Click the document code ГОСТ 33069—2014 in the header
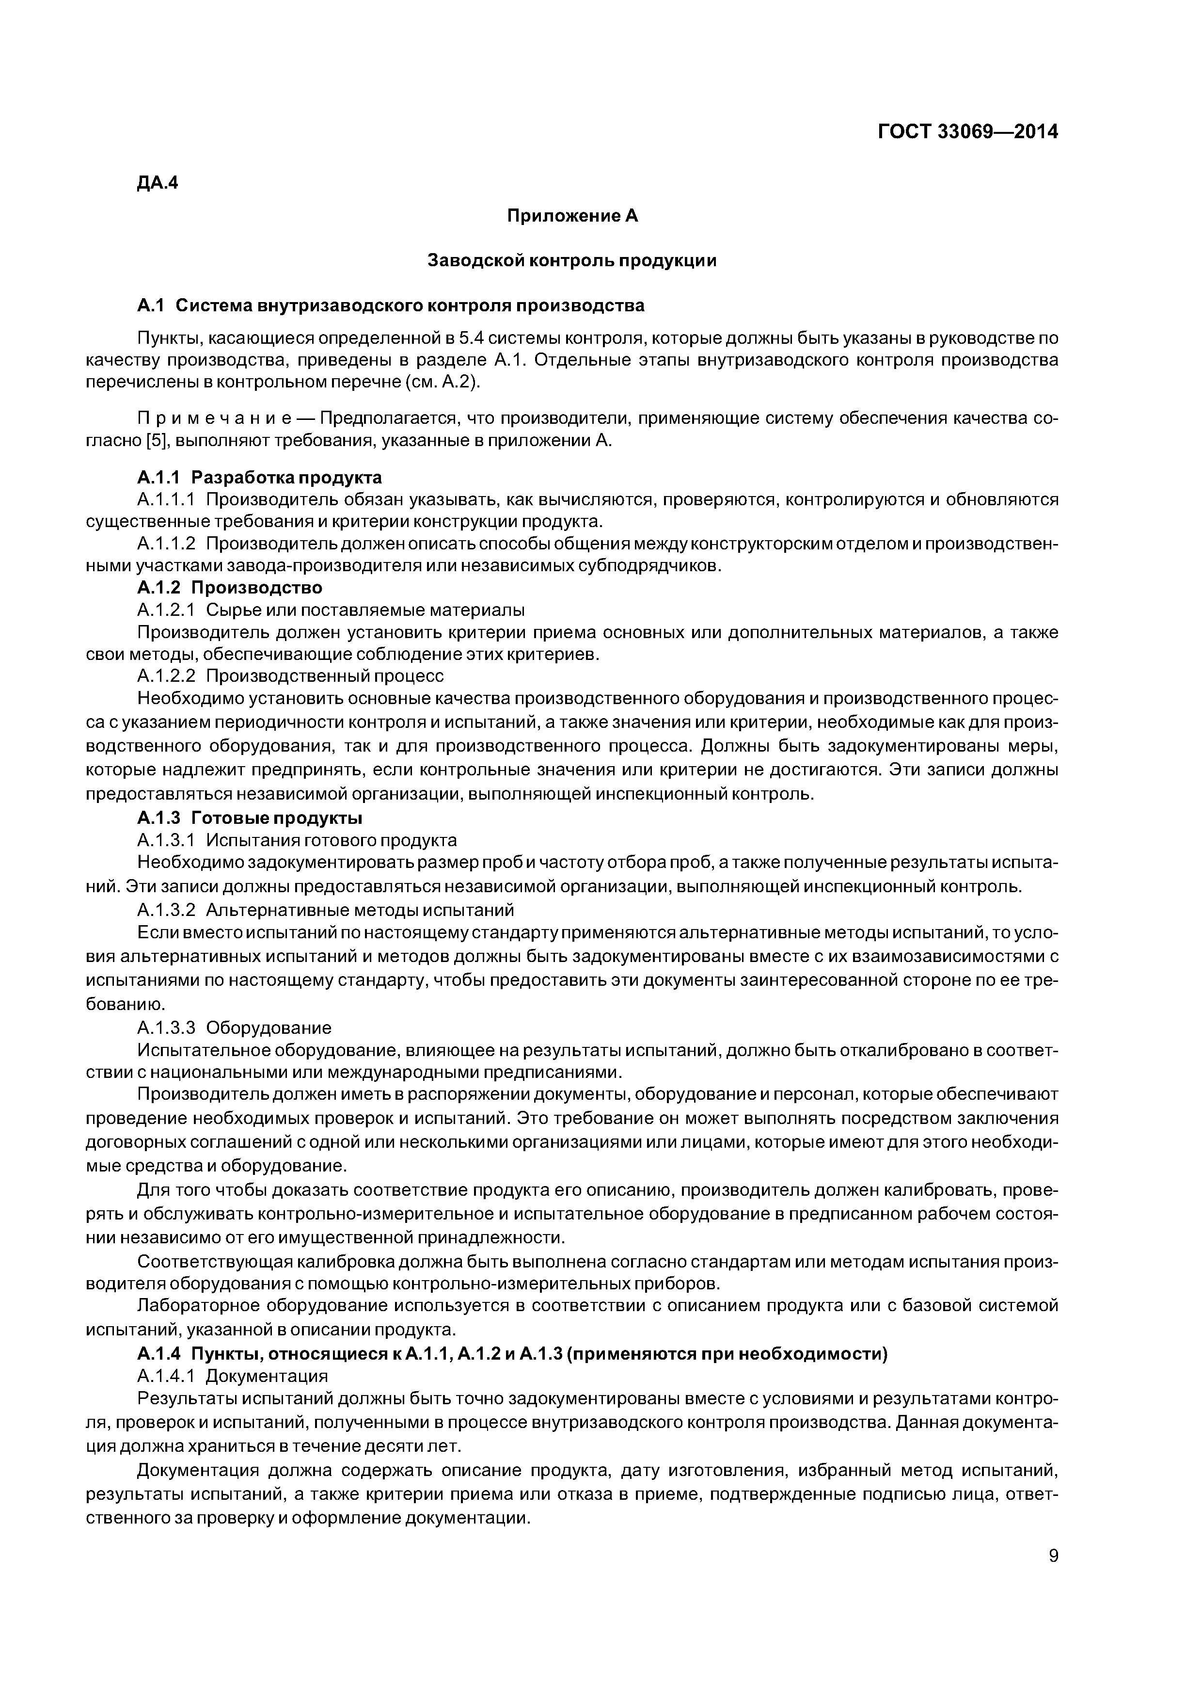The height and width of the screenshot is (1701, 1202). [x=967, y=132]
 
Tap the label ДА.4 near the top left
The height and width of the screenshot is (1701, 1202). [x=158, y=183]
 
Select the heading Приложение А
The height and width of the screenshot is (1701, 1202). [x=572, y=216]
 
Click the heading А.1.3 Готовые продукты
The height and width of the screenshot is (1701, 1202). [x=250, y=818]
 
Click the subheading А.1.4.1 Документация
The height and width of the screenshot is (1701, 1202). [x=232, y=1376]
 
